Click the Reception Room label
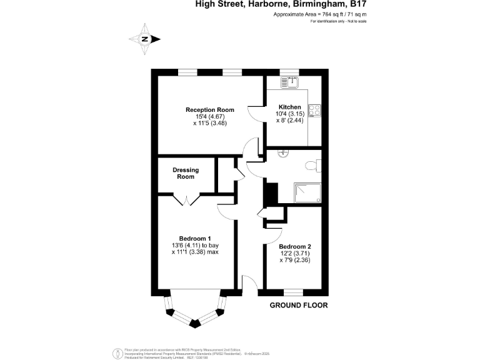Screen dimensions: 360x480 click(x=205, y=110)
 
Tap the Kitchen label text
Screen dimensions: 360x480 click(x=289, y=107)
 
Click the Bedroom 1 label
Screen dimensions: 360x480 click(x=194, y=238)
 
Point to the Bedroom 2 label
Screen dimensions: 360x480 click(x=294, y=247)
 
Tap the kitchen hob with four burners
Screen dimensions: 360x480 click(x=316, y=111)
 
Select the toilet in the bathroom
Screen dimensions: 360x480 click(x=313, y=165)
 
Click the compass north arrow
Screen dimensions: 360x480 click(x=145, y=39)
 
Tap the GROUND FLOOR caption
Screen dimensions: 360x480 click(x=298, y=306)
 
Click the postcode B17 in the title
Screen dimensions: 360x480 click(x=357, y=4)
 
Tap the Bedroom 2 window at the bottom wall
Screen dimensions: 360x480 click(x=294, y=292)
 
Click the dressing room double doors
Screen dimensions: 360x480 click(x=186, y=200)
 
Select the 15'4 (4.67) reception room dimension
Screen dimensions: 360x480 click(x=205, y=117)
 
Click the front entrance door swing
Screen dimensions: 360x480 click(x=249, y=285)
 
